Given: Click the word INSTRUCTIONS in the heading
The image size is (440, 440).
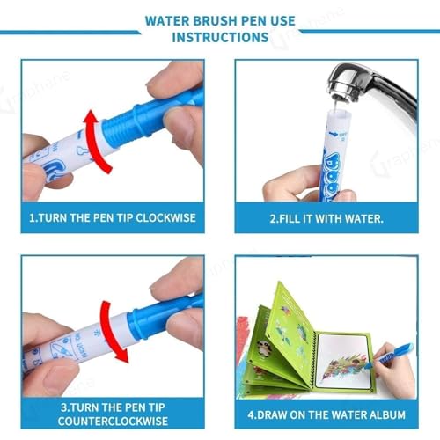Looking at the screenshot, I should pyautogui.click(x=220, y=38).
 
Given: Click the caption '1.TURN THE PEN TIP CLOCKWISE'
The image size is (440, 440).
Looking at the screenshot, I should pyautogui.click(x=115, y=217).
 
